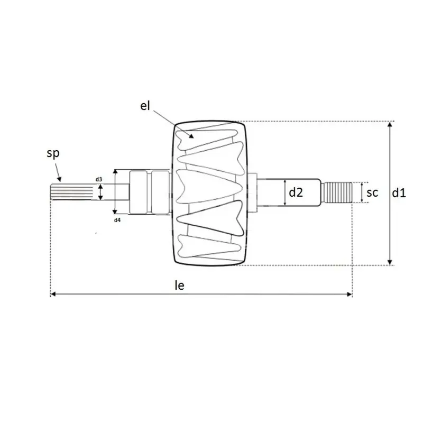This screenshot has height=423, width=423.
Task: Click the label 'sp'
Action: point(53,153)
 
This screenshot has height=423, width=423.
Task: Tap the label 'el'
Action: point(145,105)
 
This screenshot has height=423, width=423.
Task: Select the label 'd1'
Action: point(399,193)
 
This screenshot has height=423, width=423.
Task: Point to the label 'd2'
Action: point(296,192)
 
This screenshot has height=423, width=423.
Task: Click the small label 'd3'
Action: point(99,179)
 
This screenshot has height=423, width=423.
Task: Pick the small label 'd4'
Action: point(117,220)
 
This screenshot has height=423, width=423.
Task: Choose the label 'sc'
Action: point(372,192)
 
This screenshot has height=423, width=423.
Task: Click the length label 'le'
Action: point(179,285)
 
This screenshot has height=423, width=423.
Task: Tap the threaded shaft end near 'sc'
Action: point(338,192)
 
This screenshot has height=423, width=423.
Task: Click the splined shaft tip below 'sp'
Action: point(71,192)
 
